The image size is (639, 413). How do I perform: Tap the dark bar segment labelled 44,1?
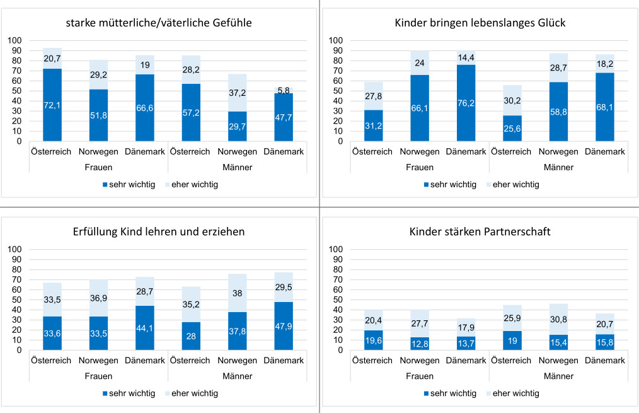tap(145, 327)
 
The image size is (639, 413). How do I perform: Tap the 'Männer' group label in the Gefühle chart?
tap(237, 168)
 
